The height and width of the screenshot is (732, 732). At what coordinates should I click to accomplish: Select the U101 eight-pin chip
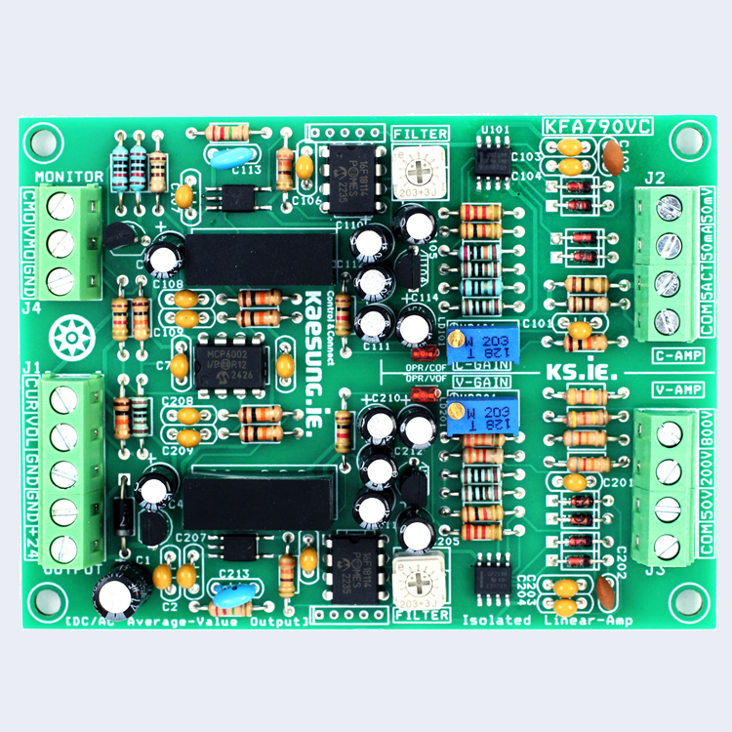point(493,156)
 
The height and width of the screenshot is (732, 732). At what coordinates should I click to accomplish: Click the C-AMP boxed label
point(676,354)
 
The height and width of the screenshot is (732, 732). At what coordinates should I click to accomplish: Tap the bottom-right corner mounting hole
point(690,596)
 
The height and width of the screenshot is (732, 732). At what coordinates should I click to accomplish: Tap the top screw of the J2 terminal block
point(669,207)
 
